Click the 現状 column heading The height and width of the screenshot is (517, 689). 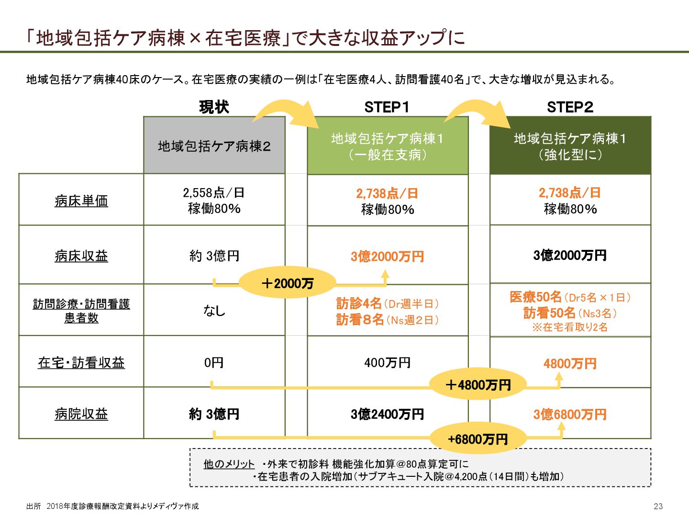(214, 107)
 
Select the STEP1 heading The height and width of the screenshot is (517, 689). (387, 107)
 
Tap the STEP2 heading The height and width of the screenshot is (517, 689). (570, 107)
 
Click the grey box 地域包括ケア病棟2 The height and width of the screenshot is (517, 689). (214, 146)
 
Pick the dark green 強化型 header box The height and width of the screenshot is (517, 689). (570, 146)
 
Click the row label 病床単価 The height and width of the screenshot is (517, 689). (81, 201)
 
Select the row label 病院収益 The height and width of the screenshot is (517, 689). (81, 414)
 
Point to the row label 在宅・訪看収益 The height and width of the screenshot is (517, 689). (81, 363)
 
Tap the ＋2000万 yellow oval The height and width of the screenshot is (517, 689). (287, 283)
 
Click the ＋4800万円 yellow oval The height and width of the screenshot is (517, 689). (478, 384)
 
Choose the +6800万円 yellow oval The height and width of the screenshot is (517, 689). (478, 438)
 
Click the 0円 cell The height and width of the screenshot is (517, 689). (214, 362)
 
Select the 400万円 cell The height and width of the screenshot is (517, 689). (387, 362)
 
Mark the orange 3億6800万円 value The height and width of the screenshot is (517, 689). (570, 414)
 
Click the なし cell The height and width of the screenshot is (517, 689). (214, 311)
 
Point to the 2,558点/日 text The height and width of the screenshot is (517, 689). (214, 192)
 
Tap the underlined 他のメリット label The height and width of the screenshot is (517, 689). (229, 464)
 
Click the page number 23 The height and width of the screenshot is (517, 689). (658, 506)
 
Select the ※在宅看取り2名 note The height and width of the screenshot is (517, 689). (570, 327)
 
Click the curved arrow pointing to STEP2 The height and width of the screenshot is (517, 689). (476, 113)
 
